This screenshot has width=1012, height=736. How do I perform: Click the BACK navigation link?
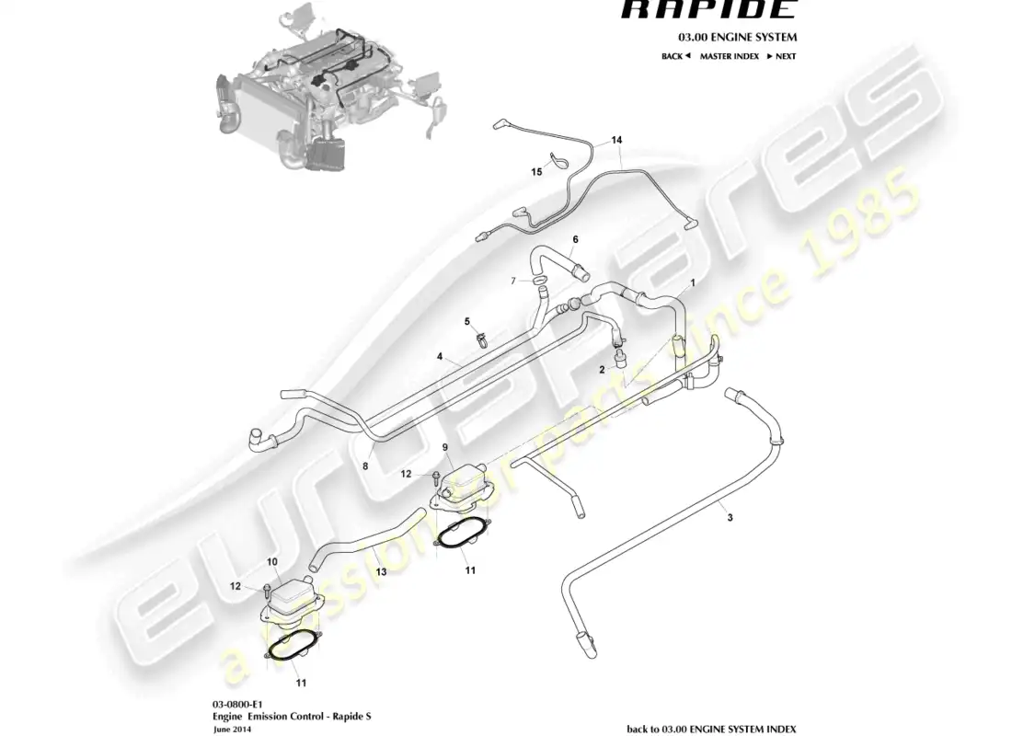coord(675,56)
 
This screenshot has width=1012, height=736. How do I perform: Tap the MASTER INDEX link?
coord(729,56)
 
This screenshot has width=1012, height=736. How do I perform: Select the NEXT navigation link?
coord(782,56)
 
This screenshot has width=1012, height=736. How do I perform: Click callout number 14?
coord(616,141)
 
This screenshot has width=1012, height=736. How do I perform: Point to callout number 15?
coord(536,171)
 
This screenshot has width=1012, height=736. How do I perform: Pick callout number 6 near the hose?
coord(575,239)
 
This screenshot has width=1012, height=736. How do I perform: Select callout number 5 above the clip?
coord(467,321)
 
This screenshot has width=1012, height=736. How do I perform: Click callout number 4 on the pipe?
coord(441,356)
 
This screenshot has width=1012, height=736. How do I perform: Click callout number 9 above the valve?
coord(445,448)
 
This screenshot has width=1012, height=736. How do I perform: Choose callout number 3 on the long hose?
coord(730,519)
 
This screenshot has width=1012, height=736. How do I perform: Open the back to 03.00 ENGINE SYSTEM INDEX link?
coord(711,728)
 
